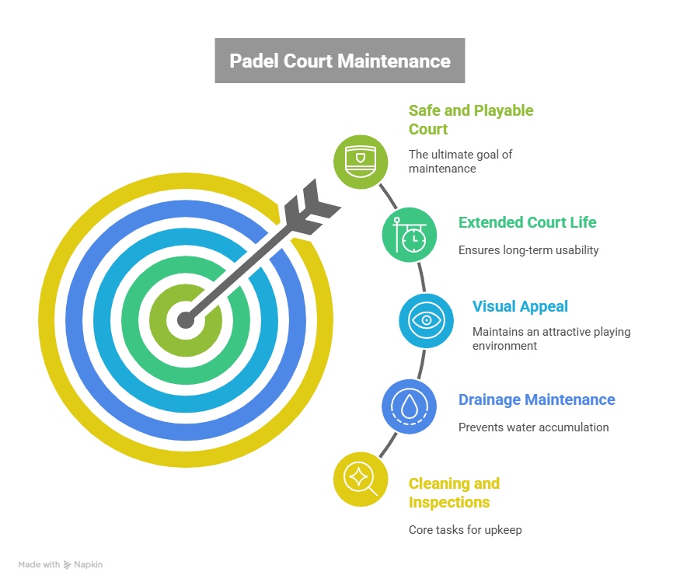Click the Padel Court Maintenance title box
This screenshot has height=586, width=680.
tap(340, 61)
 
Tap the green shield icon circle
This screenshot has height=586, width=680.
tap(360, 162)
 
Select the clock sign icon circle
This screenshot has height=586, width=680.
tap(409, 235)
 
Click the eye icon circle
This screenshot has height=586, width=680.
tap(426, 319)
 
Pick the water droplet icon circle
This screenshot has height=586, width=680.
tap(409, 405)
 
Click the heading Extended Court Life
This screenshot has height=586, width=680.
tap(528, 222)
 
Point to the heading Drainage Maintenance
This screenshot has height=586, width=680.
tap(536, 399)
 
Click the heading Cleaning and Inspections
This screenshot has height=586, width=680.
tap(454, 493)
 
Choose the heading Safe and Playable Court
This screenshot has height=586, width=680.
tap(471, 120)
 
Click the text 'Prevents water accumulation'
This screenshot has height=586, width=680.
tap(533, 427)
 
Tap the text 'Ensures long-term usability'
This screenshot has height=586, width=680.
tap(528, 250)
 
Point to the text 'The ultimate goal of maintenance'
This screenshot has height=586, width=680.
tap(460, 161)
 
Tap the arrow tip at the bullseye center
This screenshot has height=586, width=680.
tap(185, 319)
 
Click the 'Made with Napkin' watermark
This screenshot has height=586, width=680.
tap(61, 565)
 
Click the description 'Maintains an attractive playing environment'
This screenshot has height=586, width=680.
tap(551, 338)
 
